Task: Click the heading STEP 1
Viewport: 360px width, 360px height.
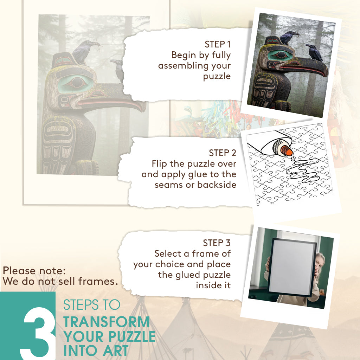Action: point(217,44)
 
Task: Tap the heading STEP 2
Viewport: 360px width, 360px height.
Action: point(223,153)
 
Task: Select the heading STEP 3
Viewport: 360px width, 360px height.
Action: point(217,243)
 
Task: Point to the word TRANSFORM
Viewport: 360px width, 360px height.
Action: point(107,322)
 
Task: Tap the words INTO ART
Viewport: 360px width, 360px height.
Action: point(96,351)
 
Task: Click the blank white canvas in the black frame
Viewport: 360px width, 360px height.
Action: point(292,268)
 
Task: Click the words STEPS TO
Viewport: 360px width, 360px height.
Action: point(92,305)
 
